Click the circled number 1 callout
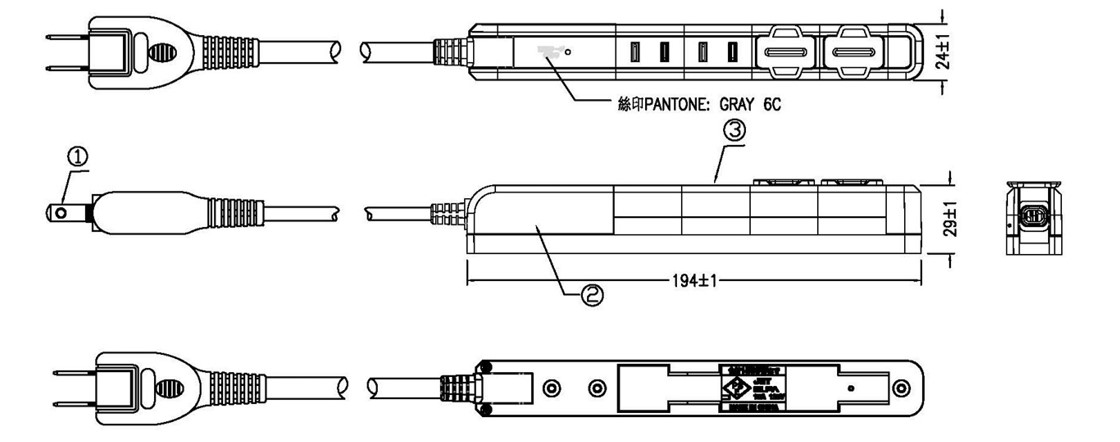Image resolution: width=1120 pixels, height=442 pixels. pos(79,156)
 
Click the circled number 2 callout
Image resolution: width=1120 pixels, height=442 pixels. pos(592,295)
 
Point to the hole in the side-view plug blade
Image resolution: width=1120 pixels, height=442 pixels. pos(63,212)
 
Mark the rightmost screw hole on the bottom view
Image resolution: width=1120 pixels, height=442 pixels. pos(900,386)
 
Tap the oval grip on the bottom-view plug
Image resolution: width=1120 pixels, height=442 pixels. pos(169,385)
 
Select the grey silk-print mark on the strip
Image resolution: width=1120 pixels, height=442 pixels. pos(548,50)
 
